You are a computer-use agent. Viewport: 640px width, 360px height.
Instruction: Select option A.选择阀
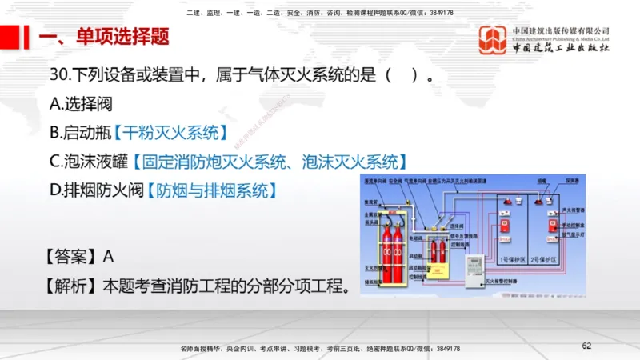(x=81, y=102)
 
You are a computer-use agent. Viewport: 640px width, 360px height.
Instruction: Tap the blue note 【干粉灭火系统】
(x=170, y=132)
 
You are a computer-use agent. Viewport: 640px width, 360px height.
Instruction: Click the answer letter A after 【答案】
(x=109, y=256)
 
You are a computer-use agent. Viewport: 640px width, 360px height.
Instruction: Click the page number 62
(x=586, y=346)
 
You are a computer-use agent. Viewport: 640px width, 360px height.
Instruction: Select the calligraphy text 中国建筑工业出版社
(x=561, y=48)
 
